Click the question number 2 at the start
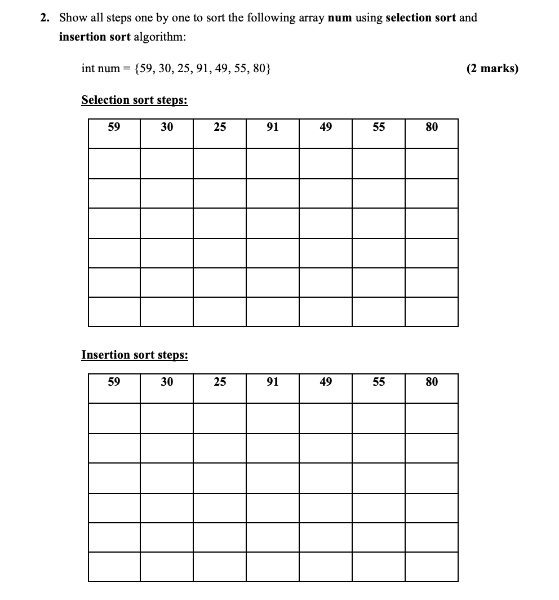coord(45,17)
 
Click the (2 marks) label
coord(492,69)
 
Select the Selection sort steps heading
coord(134,100)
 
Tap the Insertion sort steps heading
coord(135,355)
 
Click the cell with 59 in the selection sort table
coord(114,127)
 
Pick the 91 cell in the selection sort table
coord(272,127)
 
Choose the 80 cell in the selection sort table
coord(432,127)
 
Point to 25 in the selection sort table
coord(220,127)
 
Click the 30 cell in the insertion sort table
coord(167,382)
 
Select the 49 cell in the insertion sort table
coord(326,382)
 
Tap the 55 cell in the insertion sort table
coord(379,382)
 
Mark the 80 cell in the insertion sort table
coord(432,382)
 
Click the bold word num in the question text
coord(339,17)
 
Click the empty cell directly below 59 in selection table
coord(114,164)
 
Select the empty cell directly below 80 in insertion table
coord(432,418)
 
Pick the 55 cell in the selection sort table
coord(379,127)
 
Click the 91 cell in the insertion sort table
coord(272,382)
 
